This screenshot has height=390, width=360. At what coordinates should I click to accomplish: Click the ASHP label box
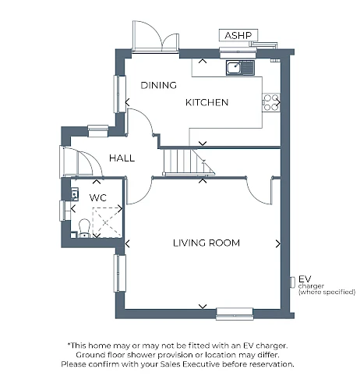(x=238, y=35)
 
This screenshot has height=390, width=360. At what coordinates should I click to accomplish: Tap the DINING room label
(x=158, y=85)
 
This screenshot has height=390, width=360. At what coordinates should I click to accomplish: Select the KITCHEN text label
(x=206, y=102)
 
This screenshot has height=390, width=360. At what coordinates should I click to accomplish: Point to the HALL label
(x=122, y=158)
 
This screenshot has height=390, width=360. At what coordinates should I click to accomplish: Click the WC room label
(x=98, y=198)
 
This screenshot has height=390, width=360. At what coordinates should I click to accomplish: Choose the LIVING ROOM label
(x=206, y=243)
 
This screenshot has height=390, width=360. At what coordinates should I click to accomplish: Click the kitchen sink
(x=240, y=68)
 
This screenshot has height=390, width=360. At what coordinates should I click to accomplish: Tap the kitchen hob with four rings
(x=271, y=102)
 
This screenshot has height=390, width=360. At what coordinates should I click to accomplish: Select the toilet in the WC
(x=84, y=229)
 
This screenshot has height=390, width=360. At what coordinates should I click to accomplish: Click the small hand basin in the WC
(x=75, y=194)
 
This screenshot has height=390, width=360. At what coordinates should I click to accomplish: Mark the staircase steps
(x=189, y=161)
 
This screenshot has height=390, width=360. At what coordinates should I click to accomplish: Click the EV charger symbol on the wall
(x=292, y=282)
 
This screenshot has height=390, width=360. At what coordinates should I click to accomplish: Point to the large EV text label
(x=305, y=279)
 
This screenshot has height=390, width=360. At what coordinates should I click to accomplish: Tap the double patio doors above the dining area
(x=155, y=36)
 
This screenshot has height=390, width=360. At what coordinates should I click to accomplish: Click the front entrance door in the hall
(x=81, y=162)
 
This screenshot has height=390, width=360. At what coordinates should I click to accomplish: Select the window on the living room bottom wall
(x=235, y=314)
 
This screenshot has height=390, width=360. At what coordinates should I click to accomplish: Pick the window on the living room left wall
(x=119, y=273)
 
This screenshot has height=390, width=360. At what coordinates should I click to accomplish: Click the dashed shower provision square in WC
(x=107, y=222)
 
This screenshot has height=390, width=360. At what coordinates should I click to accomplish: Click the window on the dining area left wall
(x=119, y=94)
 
